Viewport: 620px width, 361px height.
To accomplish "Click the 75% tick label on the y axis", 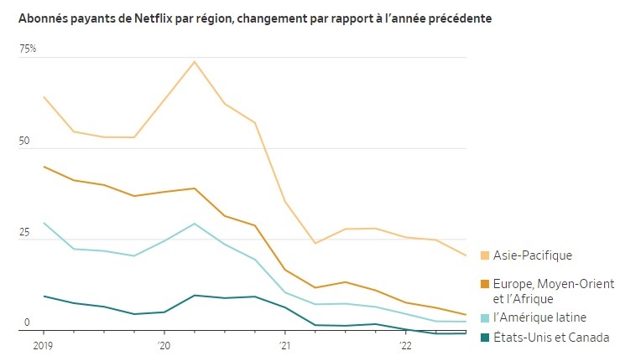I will [28, 49].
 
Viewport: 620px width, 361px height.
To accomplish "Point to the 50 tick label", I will [25, 142].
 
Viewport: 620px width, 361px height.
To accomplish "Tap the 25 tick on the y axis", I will [25, 233].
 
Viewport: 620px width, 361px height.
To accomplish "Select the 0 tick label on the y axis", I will [26, 322].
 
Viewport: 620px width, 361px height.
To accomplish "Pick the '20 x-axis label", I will [164, 345].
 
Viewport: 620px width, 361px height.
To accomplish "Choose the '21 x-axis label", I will [284, 345].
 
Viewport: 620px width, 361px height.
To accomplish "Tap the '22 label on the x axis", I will [405, 345].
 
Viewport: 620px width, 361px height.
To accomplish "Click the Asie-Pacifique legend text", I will [534, 255].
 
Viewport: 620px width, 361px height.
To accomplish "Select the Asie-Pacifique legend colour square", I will [485, 255].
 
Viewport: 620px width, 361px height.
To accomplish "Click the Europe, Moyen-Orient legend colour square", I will [485, 285].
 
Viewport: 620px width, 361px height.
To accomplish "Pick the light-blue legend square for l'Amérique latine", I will [485, 317].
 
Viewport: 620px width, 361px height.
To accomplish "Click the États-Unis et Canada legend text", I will [550, 338].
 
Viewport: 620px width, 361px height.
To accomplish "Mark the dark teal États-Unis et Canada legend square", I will [485, 338].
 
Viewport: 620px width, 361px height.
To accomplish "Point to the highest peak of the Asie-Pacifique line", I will [194, 61].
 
